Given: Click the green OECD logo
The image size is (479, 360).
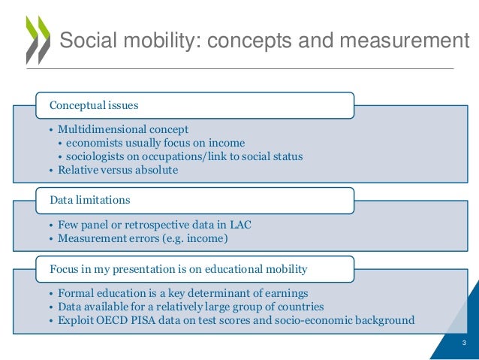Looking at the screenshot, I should pos(37,40).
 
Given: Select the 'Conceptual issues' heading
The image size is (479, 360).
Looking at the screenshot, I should pos(94,105).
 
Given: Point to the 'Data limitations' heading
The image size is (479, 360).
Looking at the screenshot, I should pos(90,200).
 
